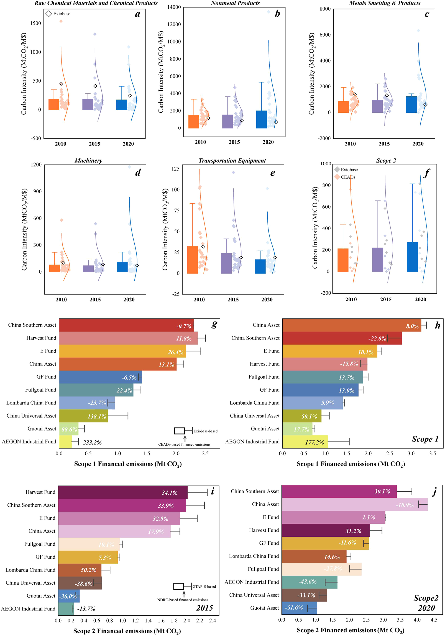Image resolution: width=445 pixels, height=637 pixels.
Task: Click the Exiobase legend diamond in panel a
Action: [x=48, y=14]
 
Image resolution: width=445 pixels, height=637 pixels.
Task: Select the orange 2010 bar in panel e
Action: [x=192, y=260]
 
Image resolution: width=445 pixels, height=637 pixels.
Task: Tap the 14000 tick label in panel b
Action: [x=174, y=7]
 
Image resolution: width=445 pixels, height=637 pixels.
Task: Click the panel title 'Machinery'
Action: [x=88, y=161]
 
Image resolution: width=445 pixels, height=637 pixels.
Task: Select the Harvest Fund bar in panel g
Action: [x=128, y=338]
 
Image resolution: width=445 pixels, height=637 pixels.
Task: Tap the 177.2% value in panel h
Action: [x=314, y=443]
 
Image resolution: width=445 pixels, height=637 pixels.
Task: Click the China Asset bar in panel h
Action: [x=351, y=325]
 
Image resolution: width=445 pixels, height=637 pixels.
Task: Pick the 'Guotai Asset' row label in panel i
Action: [x=41, y=596]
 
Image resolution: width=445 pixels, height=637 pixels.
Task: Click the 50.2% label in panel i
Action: [x=89, y=570]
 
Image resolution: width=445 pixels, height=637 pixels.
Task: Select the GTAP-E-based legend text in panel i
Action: [x=204, y=587]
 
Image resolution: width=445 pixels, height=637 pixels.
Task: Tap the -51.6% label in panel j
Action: [x=294, y=608]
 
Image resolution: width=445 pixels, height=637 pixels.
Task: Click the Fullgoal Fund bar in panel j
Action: [x=321, y=569]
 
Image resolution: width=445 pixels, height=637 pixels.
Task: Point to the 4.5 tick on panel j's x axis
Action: [x=434, y=620]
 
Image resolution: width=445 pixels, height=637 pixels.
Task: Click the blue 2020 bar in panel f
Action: [x=412, y=257]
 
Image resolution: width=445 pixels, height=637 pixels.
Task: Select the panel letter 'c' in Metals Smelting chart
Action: [x=427, y=14]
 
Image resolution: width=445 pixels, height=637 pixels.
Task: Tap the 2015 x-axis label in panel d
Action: [x=95, y=299]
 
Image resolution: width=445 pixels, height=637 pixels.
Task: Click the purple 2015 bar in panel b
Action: [x=228, y=121]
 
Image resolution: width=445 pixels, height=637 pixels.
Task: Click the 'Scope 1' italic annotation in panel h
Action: [x=425, y=439]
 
